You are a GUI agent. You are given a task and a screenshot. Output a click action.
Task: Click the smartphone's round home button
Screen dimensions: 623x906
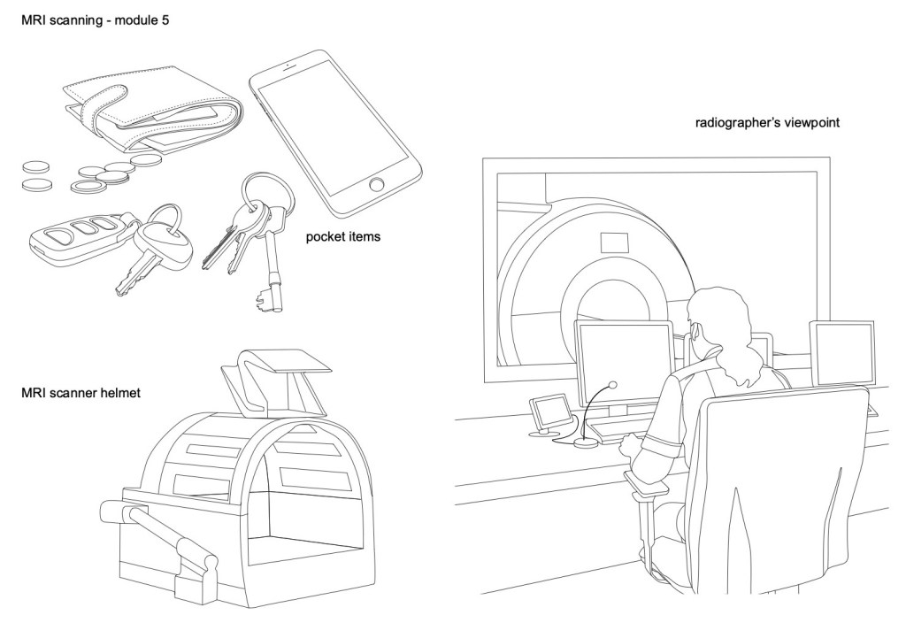pos(377,186)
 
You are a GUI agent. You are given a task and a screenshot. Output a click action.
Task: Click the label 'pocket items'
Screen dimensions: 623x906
pos(342,237)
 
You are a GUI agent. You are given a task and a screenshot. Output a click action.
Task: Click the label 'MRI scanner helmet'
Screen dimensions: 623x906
pos(81,392)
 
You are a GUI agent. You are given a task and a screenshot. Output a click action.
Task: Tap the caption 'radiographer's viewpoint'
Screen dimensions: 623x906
pos(767,124)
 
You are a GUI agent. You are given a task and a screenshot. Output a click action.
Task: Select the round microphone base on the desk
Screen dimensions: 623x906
pos(585,442)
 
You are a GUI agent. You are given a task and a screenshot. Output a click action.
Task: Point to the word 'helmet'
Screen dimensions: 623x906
pos(119,392)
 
